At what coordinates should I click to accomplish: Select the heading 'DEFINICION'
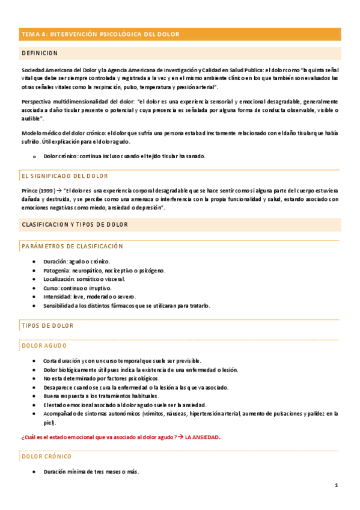pos(40,54)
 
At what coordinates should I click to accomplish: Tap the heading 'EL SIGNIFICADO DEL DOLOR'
pos(64,176)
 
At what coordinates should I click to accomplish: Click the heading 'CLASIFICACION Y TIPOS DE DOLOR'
pos(75,224)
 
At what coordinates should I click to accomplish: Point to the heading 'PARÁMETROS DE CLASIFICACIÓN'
pos(72,246)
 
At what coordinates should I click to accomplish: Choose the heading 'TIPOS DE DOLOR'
pos(47,326)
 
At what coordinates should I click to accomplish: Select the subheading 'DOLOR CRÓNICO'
pos(46,456)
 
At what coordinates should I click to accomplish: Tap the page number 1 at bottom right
pos(337,485)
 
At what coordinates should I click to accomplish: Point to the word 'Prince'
pos(29,191)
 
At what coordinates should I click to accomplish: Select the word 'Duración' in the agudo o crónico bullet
pos(55,262)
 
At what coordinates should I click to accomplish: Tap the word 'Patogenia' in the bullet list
pos(56,271)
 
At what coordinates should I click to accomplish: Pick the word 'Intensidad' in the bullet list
pos(58,296)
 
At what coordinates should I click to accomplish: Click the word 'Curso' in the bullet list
pos(50,288)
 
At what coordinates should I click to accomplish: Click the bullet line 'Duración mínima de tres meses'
pos(91,472)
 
